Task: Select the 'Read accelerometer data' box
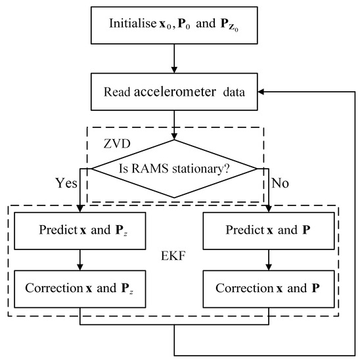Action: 173,92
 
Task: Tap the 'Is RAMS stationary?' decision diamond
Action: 173,169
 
